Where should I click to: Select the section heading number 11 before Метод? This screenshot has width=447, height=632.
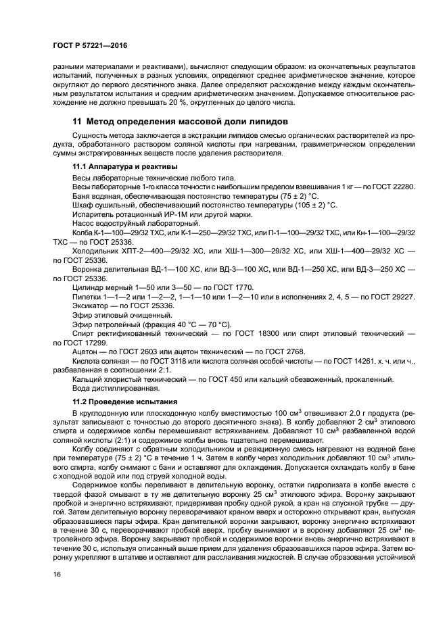click(x=76, y=121)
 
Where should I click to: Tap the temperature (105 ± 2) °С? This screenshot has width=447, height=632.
click(x=307, y=204)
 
